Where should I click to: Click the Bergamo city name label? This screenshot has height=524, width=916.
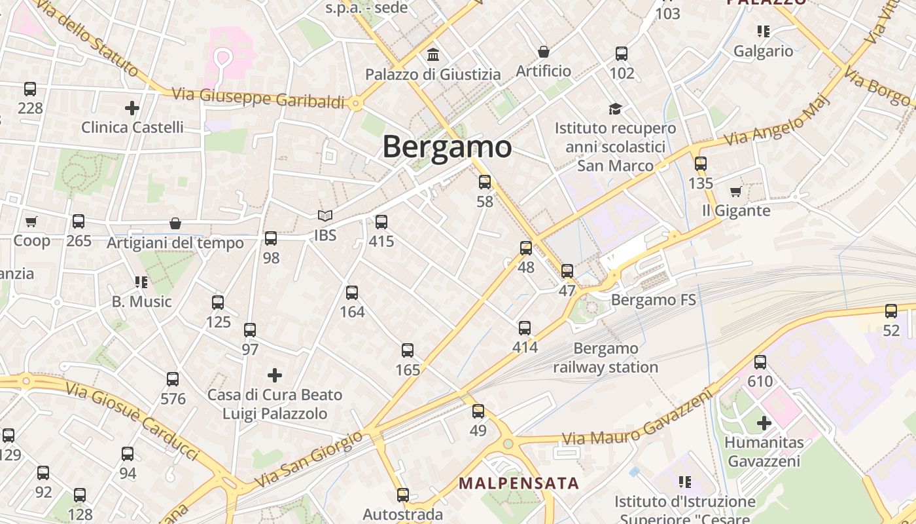click(447, 146)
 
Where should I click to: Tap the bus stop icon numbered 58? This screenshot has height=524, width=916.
click(485, 182)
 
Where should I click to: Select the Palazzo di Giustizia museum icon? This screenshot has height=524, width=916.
click(432, 54)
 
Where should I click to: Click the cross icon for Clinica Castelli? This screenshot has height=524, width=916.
click(132, 107)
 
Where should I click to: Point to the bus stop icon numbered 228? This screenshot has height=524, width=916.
click(30, 88)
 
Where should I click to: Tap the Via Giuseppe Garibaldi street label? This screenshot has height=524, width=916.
click(258, 98)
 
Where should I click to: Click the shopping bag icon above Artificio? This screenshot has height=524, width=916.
click(544, 51)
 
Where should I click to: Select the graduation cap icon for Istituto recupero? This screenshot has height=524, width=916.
click(615, 108)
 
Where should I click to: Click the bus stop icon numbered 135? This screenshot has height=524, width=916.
click(701, 164)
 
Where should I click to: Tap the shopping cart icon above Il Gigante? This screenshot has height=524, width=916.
click(736, 191)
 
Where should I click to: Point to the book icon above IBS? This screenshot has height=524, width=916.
click(325, 215)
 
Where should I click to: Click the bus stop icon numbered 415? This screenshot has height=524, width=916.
click(381, 222)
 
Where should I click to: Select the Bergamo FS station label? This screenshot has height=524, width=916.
click(653, 301)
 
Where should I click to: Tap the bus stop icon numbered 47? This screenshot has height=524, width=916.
click(567, 271)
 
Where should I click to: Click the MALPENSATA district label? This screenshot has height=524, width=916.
click(519, 483)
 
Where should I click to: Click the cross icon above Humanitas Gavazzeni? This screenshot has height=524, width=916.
click(764, 423)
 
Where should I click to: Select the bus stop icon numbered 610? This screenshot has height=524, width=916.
click(760, 362)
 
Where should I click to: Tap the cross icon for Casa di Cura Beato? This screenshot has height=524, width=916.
click(275, 375)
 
